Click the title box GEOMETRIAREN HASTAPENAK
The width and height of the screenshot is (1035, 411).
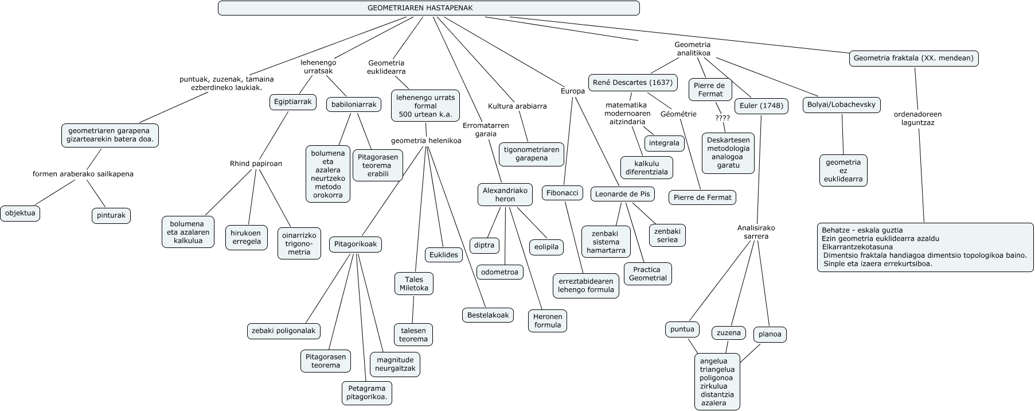428,8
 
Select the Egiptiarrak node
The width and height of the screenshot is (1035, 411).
292,102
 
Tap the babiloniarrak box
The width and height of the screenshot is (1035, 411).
354,104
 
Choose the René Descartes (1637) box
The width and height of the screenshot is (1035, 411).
632,83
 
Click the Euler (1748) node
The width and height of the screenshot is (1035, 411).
760,106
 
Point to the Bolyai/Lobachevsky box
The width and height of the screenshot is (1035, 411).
841,104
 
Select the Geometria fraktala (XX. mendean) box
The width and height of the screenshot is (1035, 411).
913,59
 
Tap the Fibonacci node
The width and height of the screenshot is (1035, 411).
562,193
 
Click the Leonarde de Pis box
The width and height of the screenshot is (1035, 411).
622,194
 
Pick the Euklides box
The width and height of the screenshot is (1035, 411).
444,254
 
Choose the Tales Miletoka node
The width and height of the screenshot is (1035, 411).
413,284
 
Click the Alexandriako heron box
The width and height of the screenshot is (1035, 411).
505,195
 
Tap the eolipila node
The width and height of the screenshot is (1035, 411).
546,247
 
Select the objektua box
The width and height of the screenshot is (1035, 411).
20,213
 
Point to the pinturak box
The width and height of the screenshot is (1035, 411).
111,216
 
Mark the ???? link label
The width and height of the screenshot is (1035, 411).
722,118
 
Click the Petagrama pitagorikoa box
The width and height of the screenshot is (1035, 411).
367,393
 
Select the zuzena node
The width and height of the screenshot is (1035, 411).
728,333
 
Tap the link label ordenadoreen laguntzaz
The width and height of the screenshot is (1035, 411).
917,118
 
